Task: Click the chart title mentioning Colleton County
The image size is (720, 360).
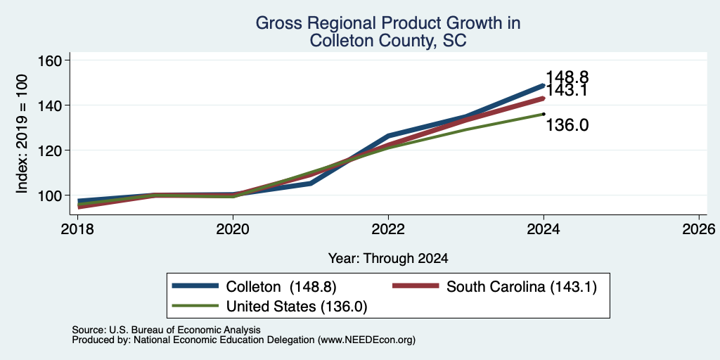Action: pyautogui.click(x=388, y=32)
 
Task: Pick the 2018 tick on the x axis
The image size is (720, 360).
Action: pyautogui.click(x=77, y=229)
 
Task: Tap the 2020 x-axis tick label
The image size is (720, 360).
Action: pyautogui.click(x=233, y=229)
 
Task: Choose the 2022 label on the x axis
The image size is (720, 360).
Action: pyautogui.click(x=388, y=229)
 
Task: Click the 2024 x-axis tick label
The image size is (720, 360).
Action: pyautogui.click(x=544, y=229)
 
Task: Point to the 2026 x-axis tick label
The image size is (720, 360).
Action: pyautogui.click(x=699, y=229)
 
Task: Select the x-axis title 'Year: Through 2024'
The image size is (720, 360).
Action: pyautogui.click(x=388, y=259)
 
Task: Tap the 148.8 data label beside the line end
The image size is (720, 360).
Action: pyautogui.click(x=567, y=77)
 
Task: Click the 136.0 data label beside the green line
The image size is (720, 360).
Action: pyautogui.click(x=567, y=125)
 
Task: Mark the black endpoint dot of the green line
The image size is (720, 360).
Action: pyautogui.click(x=544, y=114)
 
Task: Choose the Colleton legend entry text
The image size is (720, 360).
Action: pyautogui.click(x=281, y=287)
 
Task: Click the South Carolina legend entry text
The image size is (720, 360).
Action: pyautogui.click(x=522, y=287)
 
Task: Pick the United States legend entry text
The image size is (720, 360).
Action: pyautogui.click(x=297, y=307)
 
